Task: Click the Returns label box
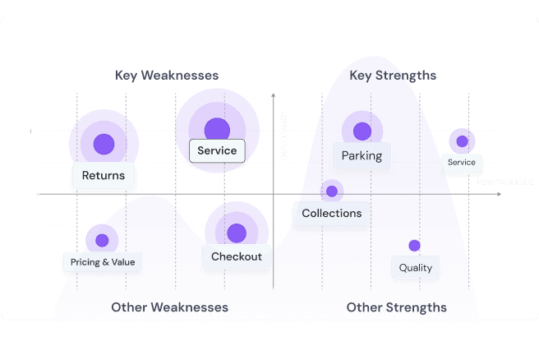coord(104,176)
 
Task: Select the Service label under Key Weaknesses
coord(217,151)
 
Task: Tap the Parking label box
coord(362,155)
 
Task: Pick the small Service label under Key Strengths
coord(461,163)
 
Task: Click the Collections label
coord(331,214)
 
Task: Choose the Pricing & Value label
coord(103,262)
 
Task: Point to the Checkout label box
coord(237,256)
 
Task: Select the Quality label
coord(416,268)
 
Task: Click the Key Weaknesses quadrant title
coord(167,76)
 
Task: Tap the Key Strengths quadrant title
coord(393,76)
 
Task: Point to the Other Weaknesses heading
coord(169,307)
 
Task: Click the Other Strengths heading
coord(397,307)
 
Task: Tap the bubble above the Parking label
coord(362,129)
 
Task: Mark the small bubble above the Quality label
coord(414,245)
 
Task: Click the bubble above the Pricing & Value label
coord(102,239)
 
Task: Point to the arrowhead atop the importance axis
coord(272,97)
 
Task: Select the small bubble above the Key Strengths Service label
coord(462,141)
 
